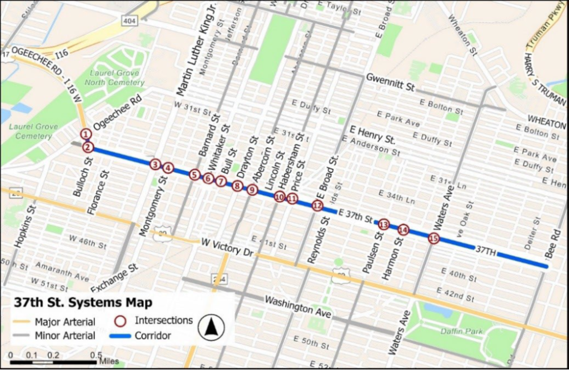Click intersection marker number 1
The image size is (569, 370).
coord(86,134)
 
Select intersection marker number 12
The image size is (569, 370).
coord(317,206)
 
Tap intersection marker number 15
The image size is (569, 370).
coord(434,238)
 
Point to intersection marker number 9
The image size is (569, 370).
coord(252,190)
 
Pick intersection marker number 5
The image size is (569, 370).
coord(194,175)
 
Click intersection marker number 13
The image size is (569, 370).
coord(383,225)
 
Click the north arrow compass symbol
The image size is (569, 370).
coord(211,327)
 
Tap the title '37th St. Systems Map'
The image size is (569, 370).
coord(83,303)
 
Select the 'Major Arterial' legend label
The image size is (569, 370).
coord(64,322)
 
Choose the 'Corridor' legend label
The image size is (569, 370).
coord(152,336)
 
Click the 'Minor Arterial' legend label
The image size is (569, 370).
coord(64,336)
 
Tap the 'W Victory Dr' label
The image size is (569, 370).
coord(227,247)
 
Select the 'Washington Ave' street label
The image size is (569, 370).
coord(298,307)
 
